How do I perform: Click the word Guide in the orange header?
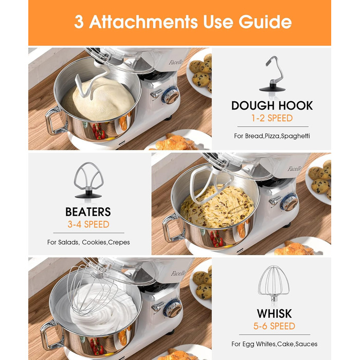tap(265, 22)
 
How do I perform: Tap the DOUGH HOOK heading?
tap(272, 105)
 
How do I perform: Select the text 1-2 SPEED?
tap(272, 118)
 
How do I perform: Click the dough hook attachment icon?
tap(272, 74)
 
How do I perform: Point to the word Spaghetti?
tap(296, 136)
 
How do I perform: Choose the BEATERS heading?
tap(88, 212)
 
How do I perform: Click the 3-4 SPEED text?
tap(88, 224)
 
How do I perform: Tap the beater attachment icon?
tap(88, 180)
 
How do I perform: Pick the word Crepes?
tap(119, 242)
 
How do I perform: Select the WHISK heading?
tap(274, 314)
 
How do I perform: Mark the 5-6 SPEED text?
tap(274, 326)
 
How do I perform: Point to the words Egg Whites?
tap(259, 344)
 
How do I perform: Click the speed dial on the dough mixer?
tap(171, 95)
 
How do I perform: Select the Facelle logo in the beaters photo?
tap(294, 169)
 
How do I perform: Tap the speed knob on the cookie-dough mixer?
tap(289, 202)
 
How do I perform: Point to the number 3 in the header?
tap(79, 22)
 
